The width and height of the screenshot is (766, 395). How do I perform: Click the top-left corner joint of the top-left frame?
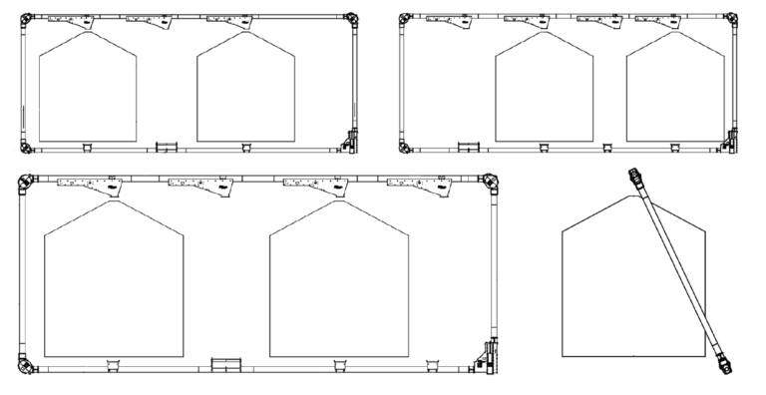[x=27, y=18]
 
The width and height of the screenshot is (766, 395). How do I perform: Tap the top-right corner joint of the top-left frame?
[x=352, y=18]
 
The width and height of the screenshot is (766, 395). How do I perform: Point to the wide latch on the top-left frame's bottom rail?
[x=166, y=147]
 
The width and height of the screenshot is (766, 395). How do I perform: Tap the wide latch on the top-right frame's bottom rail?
[x=469, y=147]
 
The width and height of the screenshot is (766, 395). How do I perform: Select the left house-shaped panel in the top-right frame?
[x=545, y=90]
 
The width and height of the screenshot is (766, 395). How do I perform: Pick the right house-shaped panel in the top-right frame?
[x=675, y=90]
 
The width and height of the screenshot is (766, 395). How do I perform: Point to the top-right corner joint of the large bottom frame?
[x=491, y=182]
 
